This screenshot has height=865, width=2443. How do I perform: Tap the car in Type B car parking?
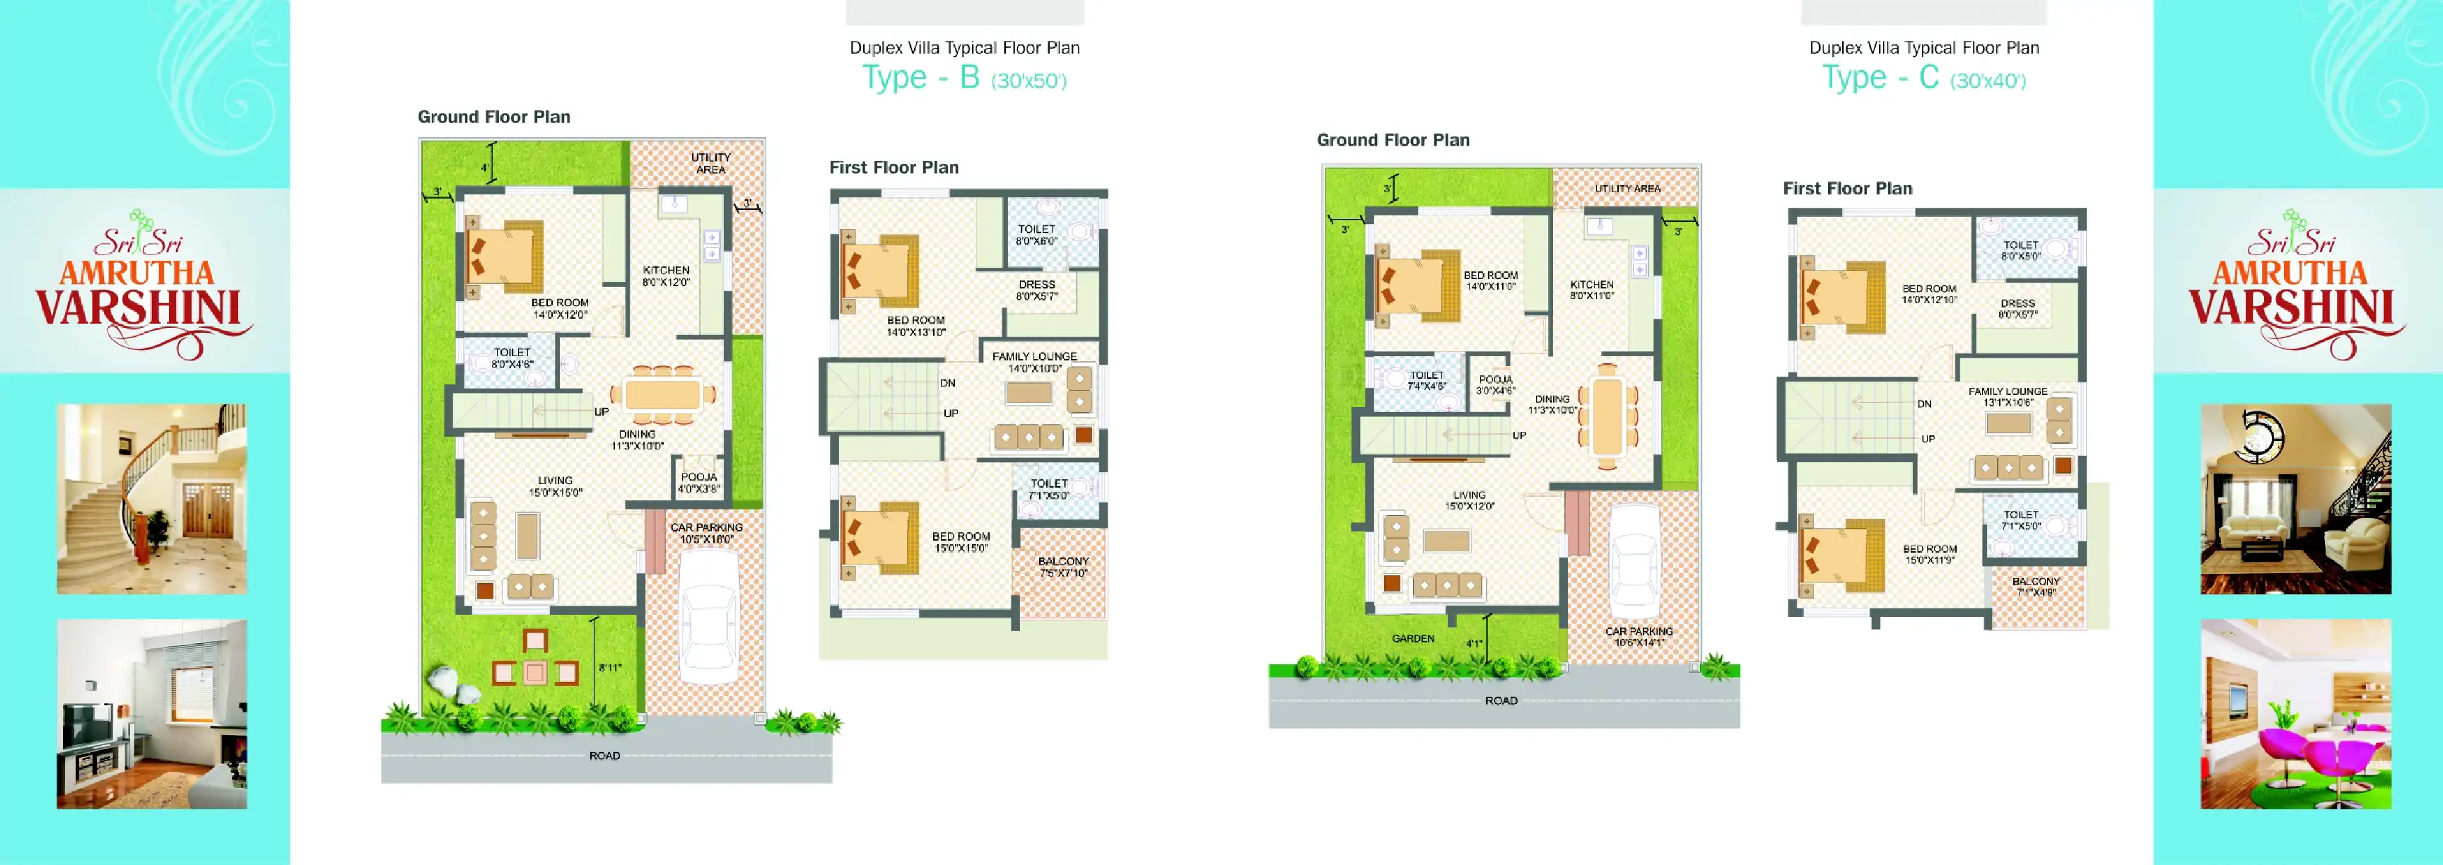[x=708, y=618]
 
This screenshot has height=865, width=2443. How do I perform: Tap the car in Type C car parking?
[x=1635, y=560]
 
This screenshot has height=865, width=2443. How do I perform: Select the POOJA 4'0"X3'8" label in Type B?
[x=699, y=483]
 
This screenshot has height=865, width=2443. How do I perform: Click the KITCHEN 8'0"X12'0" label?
[x=666, y=276]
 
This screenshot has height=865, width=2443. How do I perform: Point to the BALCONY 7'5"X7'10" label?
[x=1063, y=566]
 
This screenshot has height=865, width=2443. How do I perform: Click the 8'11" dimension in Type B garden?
[x=610, y=668]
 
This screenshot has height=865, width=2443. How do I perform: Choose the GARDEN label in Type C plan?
[x=1413, y=638]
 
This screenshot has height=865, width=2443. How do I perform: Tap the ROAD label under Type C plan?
[x=1500, y=701]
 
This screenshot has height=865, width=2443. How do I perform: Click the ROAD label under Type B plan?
[x=604, y=756]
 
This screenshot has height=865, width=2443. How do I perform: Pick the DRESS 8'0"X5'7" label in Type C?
[x=2017, y=308]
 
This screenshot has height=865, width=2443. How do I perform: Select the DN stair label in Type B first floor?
[x=947, y=383]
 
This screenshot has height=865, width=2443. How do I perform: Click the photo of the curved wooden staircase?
[x=152, y=499]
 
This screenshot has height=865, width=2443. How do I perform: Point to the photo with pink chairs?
[x=2295, y=714]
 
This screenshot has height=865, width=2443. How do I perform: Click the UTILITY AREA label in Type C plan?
[x=1627, y=189]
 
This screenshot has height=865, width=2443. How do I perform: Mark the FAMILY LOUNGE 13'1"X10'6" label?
[x=2007, y=396]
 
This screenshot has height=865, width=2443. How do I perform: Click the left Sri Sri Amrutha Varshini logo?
[x=142, y=285]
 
